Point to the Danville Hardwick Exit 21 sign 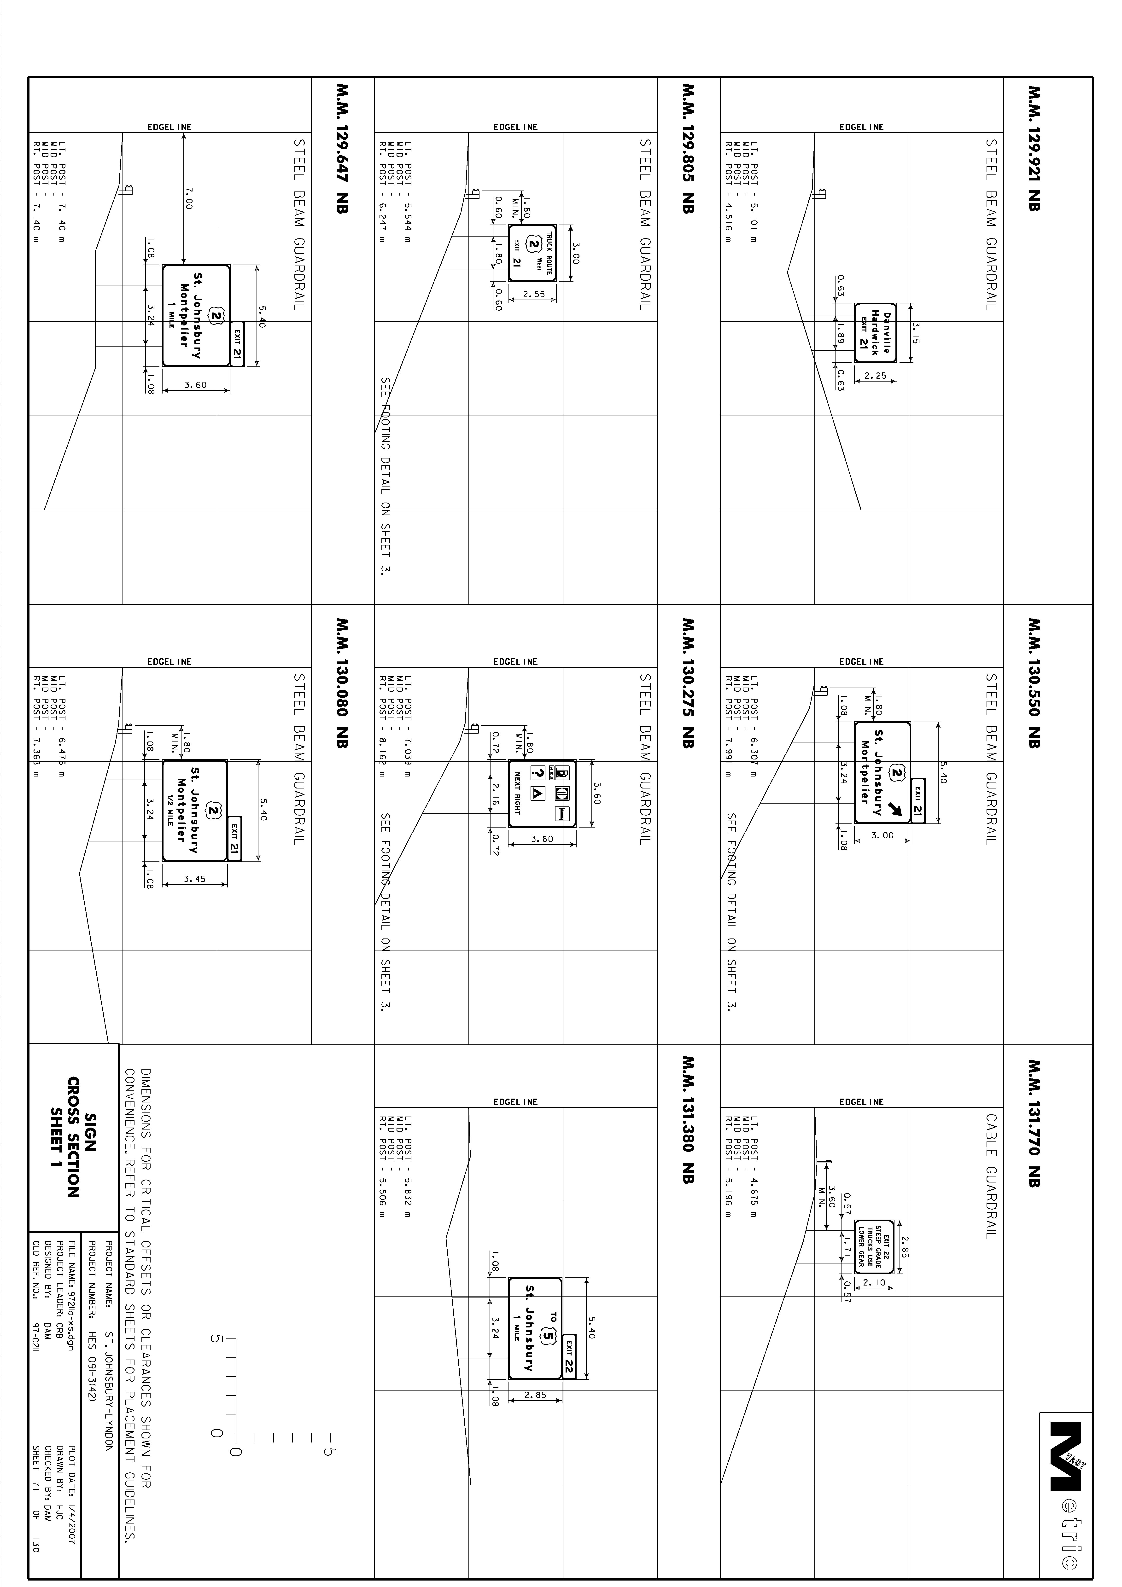[x=875, y=332]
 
